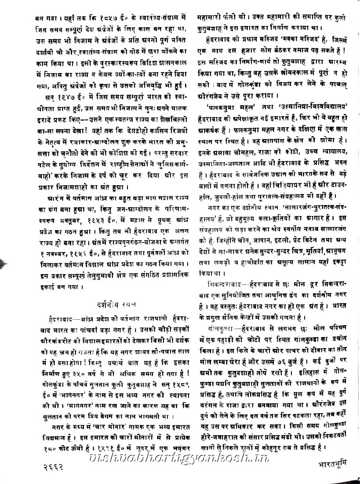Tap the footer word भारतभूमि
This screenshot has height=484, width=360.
coord(334,463)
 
